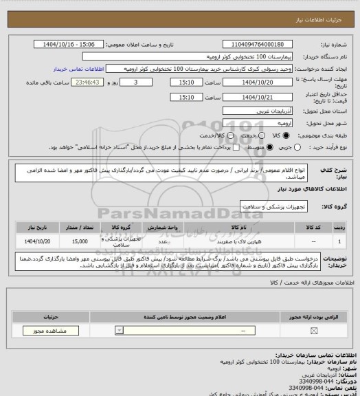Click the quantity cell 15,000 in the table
point(79,242)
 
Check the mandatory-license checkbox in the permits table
point(315,331)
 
